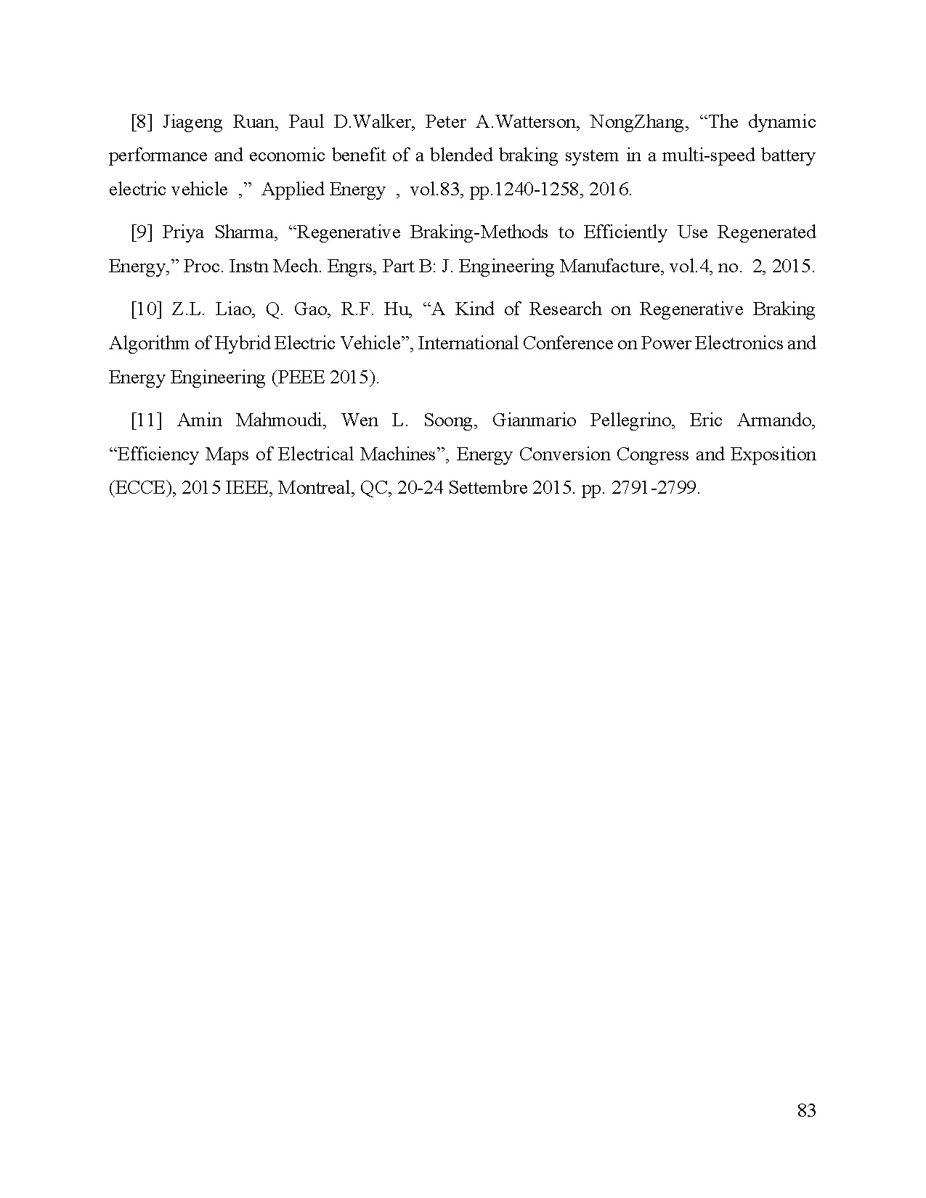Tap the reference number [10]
pos(146,309)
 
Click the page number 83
pos(806,1110)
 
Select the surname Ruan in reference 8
pos(253,121)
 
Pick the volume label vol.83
pos(433,190)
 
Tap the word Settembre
pos(488,488)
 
